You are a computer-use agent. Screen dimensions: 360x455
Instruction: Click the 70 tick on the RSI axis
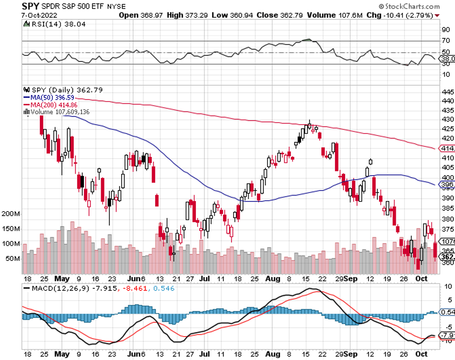446,41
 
